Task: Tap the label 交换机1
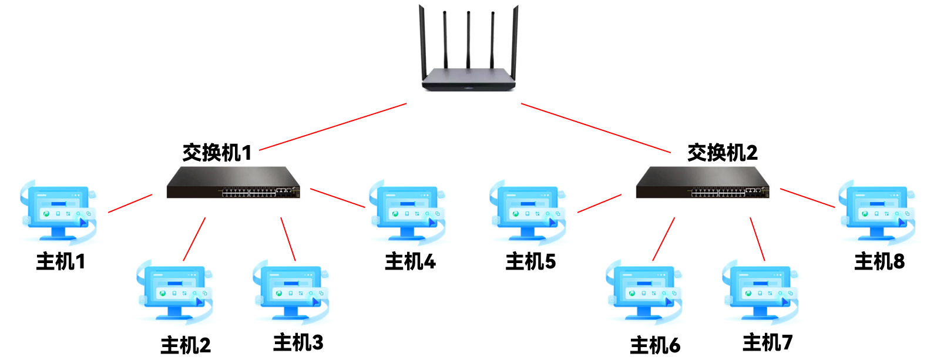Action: (217, 153)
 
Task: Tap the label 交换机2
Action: (722, 153)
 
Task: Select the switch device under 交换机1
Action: (233, 183)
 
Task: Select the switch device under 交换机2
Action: (703, 183)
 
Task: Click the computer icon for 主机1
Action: (58, 212)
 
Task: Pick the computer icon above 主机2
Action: (174, 292)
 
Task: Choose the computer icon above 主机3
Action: (291, 292)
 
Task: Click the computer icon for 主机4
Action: (407, 212)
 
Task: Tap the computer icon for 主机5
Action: (528, 212)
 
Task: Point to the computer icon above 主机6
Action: (644, 292)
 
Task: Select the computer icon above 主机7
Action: (760, 292)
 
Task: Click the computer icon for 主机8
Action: (876, 212)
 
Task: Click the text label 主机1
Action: (61, 261)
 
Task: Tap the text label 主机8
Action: (879, 261)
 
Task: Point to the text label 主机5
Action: (530, 261)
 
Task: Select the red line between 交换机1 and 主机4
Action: (337, 198)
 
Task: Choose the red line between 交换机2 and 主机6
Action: (664, 239)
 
